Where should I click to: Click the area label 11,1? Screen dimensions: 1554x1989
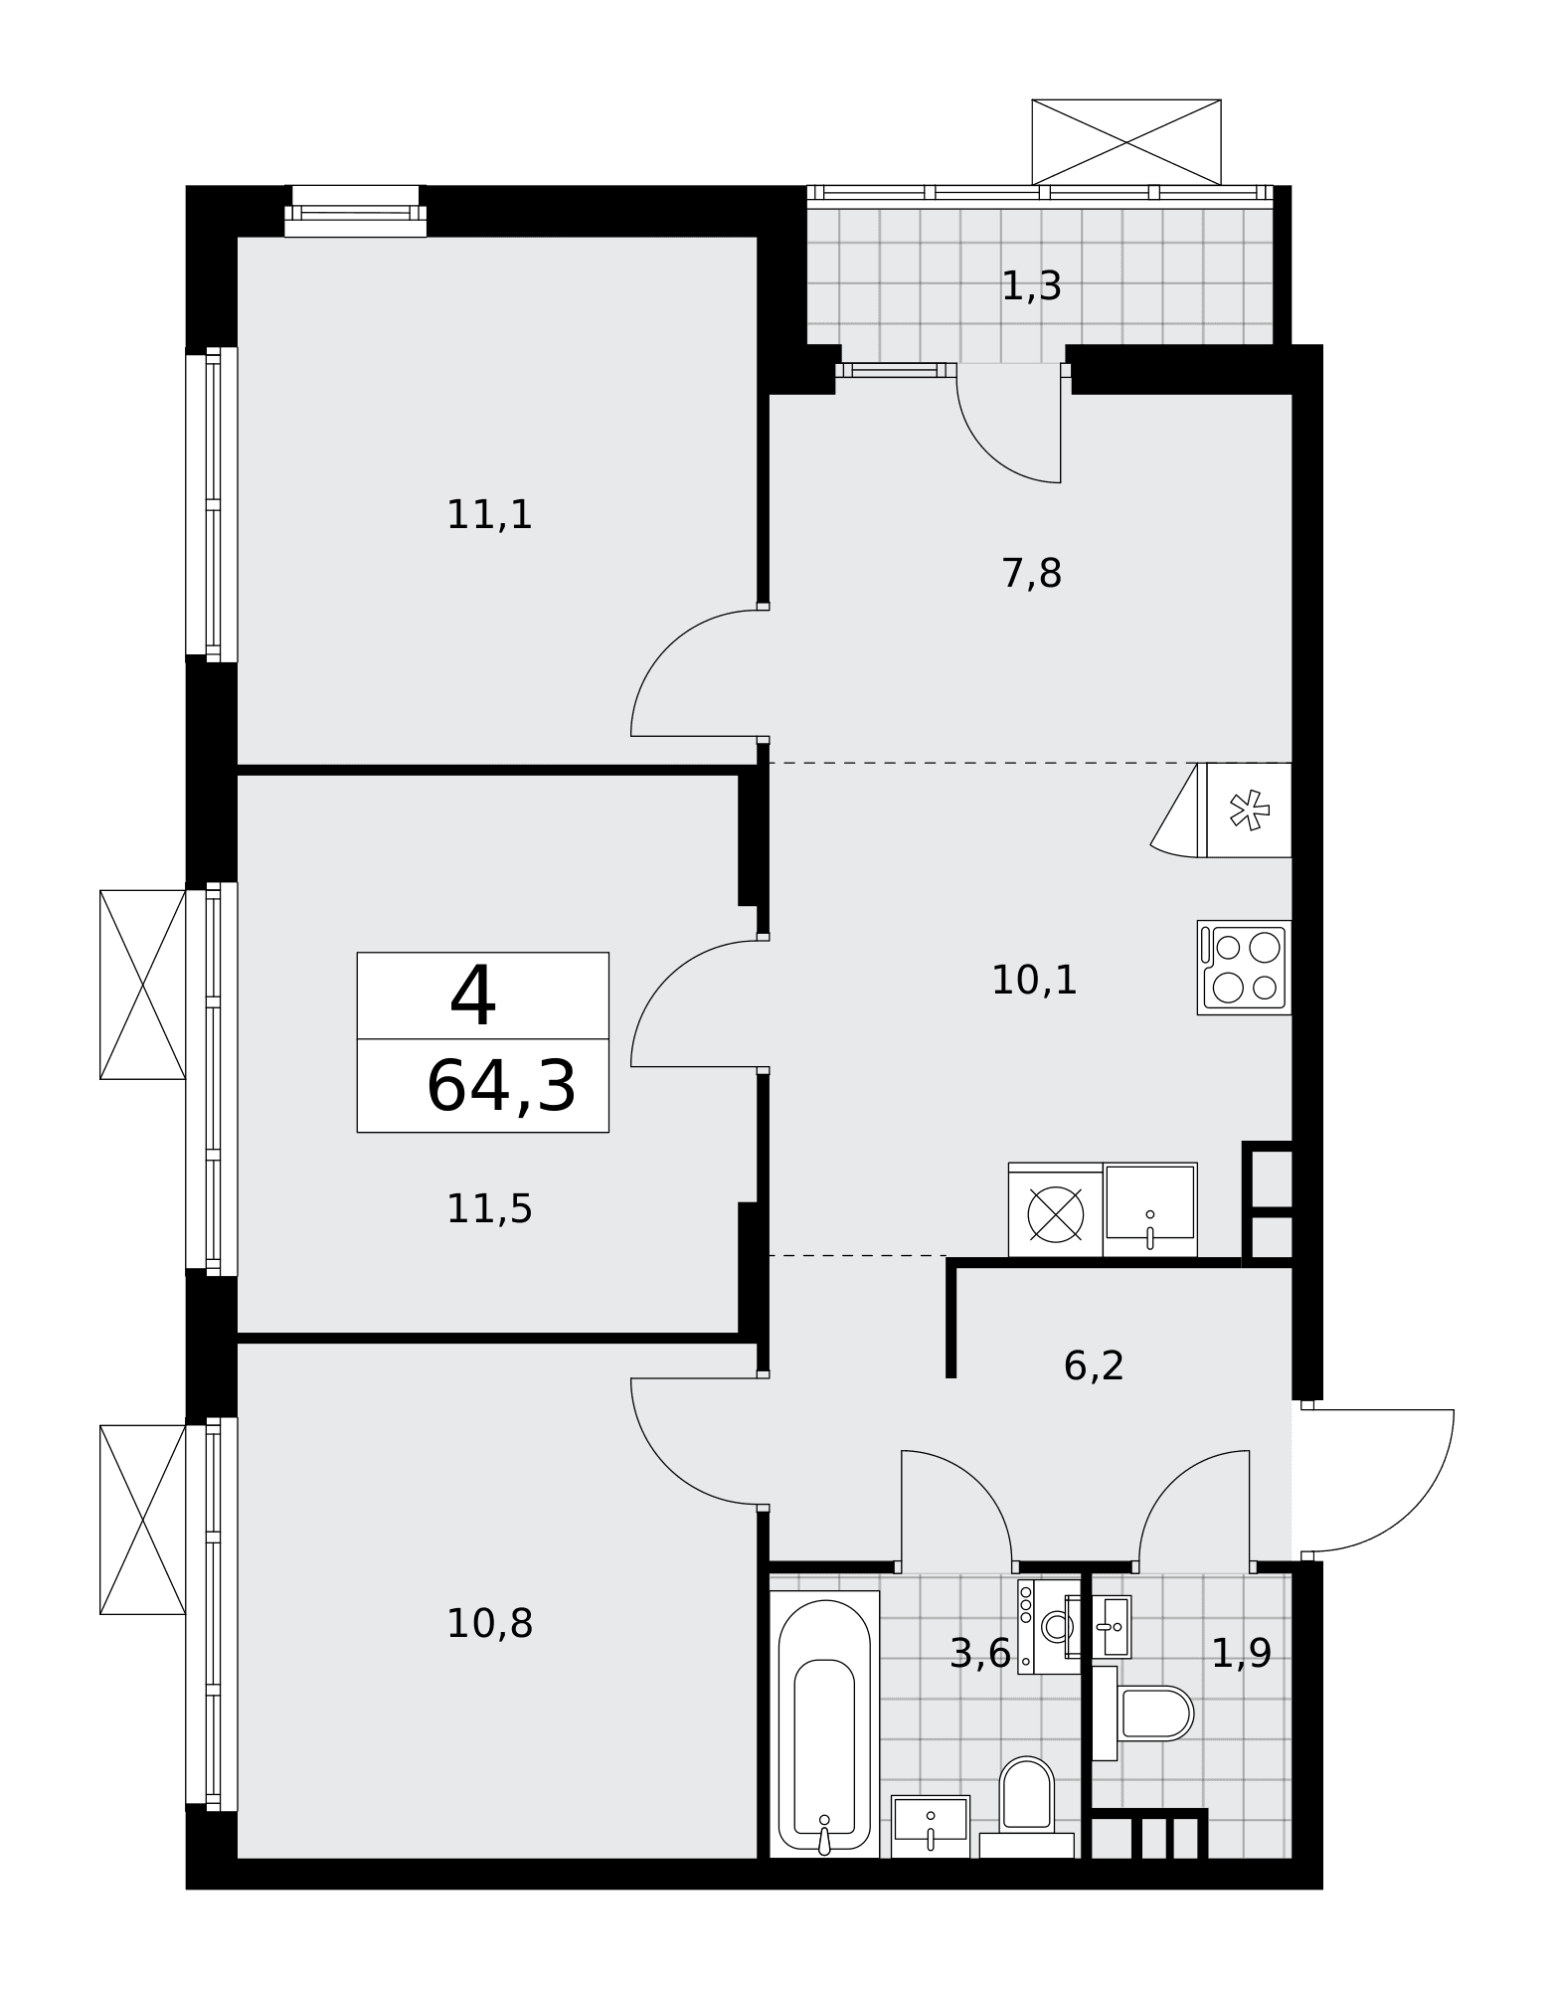tap(489, 515)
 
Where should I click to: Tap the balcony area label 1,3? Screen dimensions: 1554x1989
tap(1031, 286)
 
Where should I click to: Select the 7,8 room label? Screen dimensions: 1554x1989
tap(1031, 574)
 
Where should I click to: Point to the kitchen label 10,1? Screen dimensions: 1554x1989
tap(1034, 981)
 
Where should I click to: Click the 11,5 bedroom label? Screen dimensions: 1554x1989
tap(489, 1209)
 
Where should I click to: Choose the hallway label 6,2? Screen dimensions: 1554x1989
tap(1094, 1365)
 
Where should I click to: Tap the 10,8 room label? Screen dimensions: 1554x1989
tap(489, 1624)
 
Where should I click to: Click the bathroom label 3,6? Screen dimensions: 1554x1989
tap(980, 1654)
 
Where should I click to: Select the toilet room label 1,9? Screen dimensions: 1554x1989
tap(1241, 1654)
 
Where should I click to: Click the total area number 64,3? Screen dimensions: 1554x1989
tap(501, 1086)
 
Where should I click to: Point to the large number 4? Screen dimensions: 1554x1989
tap(472, 996)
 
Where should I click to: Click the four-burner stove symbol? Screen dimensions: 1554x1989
tap(1244, 968)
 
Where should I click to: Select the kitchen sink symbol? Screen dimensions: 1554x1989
tap(1150, 1209)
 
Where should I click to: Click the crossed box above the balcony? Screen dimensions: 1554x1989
tap(1126, 142)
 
